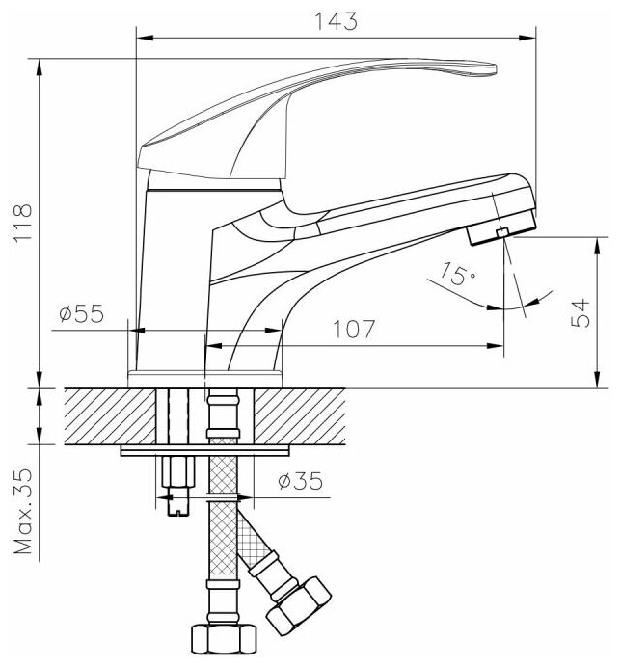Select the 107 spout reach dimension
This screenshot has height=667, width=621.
(354, 329)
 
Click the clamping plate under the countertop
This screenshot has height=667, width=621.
(204, 450)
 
